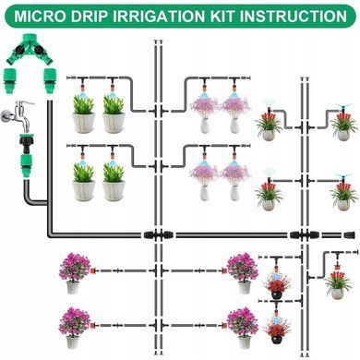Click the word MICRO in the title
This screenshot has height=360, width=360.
pos(40,16)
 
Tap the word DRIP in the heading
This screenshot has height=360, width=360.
pos(89,16)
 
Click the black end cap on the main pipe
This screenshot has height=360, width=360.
pos(350,235)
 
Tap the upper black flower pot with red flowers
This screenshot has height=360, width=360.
pos(276,294)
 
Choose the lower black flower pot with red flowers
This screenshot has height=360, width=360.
pos(276,340)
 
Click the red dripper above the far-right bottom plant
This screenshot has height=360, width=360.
pos(337,265)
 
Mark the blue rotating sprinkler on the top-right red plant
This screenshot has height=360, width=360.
pos(343,107)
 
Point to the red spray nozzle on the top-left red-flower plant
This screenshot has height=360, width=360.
pos(269,110)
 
